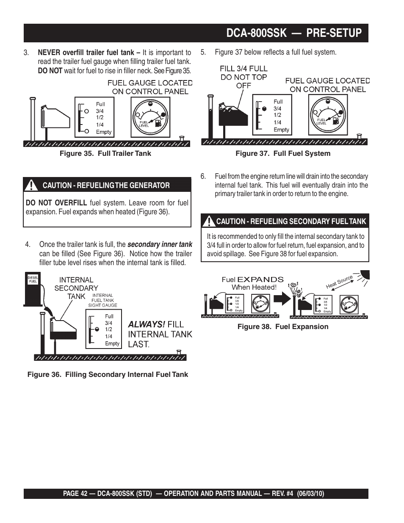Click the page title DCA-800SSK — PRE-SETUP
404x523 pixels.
[x=294, y=33]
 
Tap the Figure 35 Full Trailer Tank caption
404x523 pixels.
[x=105, y=153]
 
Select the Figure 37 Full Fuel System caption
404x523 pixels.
[x=283, y=153]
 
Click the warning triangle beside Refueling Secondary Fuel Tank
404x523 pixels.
[x=209, y=221]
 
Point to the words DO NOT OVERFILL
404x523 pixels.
[x=56, y=203]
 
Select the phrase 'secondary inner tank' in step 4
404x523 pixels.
[x=160, y=244]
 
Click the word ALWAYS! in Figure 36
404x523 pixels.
[x=147, y=324]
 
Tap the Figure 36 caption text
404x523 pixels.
[x=108, y=374]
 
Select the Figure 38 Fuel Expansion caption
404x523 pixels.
[x=282, y=327]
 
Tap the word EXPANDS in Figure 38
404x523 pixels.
[x=260, y=279]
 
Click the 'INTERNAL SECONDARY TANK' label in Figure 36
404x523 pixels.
[x=76, y=288]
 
